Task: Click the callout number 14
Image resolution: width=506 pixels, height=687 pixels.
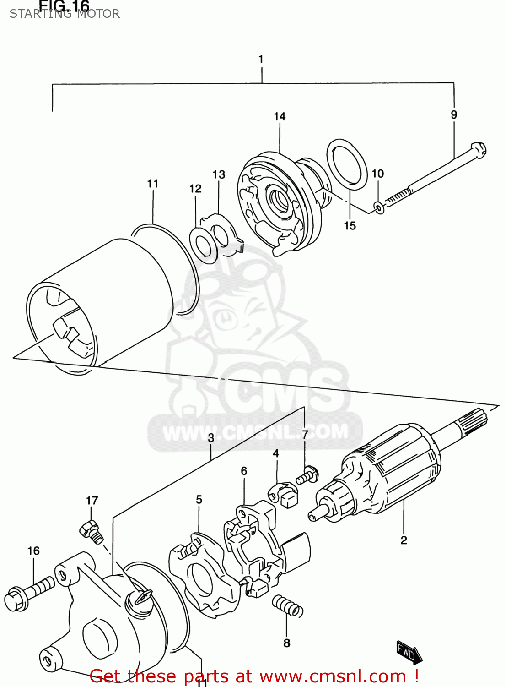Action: [x=280, y=117]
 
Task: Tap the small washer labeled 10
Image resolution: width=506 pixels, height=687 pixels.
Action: [x=379, y=207]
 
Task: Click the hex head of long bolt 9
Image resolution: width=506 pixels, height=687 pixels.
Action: [x=479, y=150]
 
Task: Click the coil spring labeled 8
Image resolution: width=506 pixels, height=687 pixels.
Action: [x=287, y=606]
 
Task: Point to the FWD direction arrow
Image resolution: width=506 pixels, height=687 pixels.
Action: [x=409, y=652]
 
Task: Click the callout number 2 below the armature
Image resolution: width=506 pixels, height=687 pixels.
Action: [x=404, y=540]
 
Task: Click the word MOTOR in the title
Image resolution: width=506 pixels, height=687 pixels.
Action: [x=98, y=14]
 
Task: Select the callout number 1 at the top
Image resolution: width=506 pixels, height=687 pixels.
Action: [x=261, y=59]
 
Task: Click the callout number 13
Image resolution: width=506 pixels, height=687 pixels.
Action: [x=219, y=174]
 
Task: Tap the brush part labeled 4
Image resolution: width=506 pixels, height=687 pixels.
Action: [x=284, y=493]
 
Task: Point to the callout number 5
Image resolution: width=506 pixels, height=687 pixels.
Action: [x=199, y=499]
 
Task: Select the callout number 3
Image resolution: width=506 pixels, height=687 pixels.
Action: [x=211, y=438]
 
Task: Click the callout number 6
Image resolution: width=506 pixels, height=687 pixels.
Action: [x=244, y=471]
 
